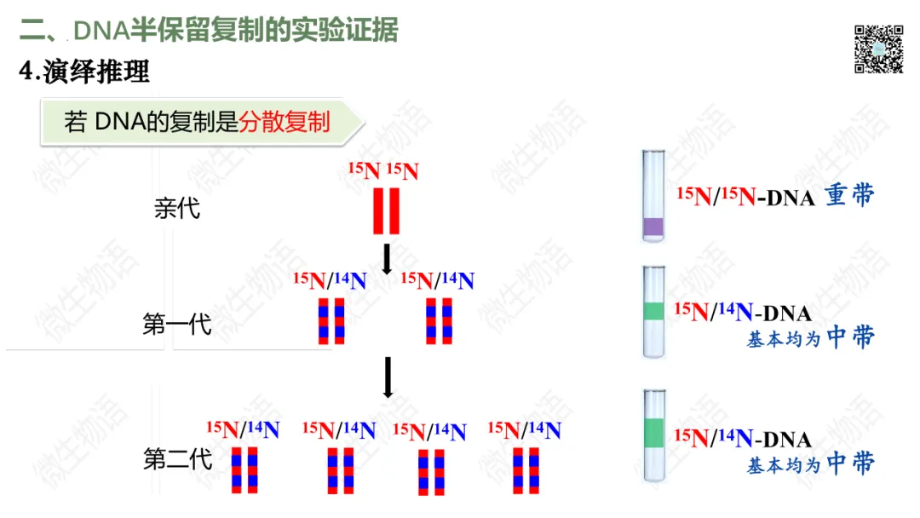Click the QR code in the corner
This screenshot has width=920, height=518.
click(x=878, y=49)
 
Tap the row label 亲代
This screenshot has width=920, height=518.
click(x=177, y=208)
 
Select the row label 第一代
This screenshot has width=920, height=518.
click(x=177, y=325)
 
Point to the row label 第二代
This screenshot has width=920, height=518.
click(x=177, y=459)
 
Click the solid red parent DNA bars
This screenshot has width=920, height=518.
click(x=386, y=210)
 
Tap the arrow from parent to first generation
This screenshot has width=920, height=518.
click(x=386, y=259)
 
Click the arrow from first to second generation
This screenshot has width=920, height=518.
click(x=388, y=377)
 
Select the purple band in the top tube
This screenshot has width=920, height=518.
click(x=653, y=227)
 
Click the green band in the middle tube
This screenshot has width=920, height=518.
click(x=653, y=312)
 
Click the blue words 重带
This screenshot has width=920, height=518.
click(x=849, y=195)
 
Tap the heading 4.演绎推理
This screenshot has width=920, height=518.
click(x=84, y=72)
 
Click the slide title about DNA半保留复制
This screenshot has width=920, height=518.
click(x=209, y=31)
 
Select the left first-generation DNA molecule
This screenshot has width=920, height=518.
click(x=331, y=320)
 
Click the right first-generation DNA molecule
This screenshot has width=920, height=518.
click(x=439, y=320)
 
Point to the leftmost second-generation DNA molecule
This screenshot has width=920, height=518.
click(x=244, y=469)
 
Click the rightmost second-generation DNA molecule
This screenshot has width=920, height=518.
click(x=526, y=470)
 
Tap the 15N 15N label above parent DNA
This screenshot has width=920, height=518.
click(x=384, y=170)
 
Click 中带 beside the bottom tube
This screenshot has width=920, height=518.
click(x=850, y=463)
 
